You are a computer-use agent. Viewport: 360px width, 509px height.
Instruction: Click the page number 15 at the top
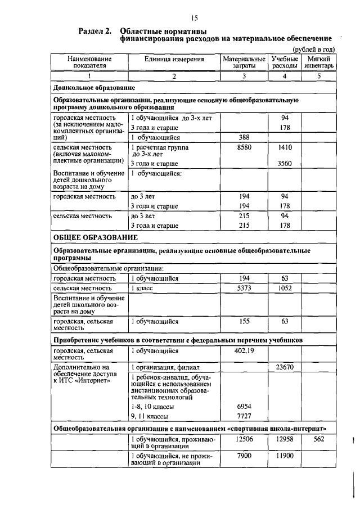[195, 18]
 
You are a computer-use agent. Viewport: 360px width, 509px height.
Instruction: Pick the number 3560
[285, 164]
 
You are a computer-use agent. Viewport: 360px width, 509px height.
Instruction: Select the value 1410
[285, 146]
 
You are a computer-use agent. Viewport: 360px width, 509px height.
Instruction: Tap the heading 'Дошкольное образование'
[93, 88]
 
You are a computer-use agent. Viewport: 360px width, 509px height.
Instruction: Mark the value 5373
[244, 287]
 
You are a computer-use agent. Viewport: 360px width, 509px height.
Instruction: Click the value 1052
[285, 287]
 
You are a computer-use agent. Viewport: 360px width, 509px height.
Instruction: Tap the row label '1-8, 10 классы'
[152, 406]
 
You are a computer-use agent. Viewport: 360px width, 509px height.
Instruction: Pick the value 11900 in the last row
[285, 456]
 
